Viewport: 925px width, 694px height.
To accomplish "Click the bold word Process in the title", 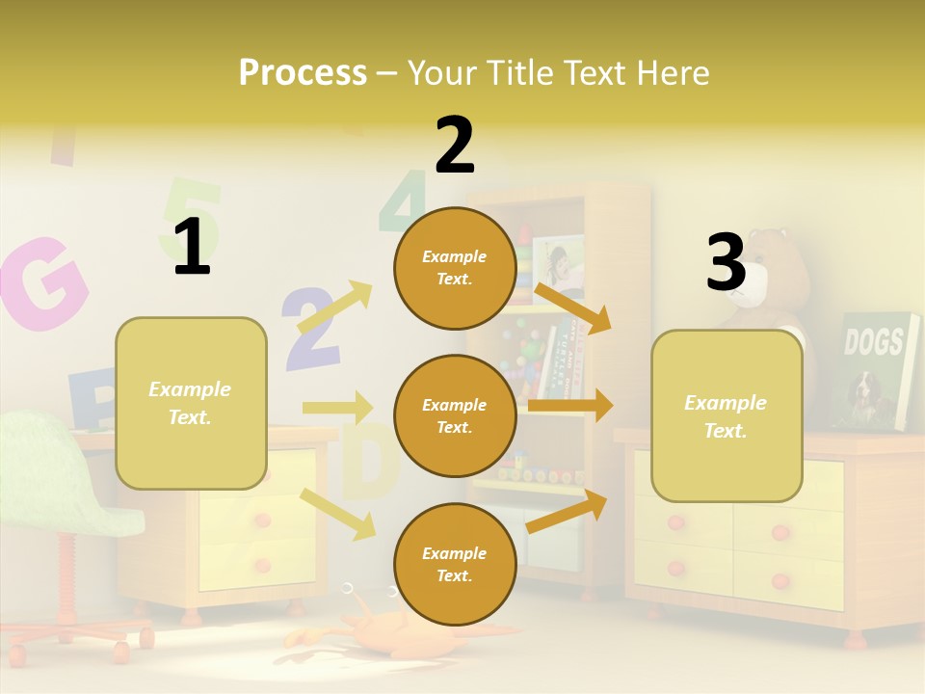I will click(303, 72).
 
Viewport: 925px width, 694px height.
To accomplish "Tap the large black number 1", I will click(192, 247).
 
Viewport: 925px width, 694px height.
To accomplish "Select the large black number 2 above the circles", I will click(454, 146).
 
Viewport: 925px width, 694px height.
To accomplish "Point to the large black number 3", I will click(726, 262).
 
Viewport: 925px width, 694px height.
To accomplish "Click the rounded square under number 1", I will click(191, 403).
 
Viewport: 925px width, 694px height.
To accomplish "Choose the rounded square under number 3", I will click(727, 415).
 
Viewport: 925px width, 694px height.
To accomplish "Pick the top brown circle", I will click(455, 268).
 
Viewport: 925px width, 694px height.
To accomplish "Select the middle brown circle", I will click(455, 415).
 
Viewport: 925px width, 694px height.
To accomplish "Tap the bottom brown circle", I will click(455, 564).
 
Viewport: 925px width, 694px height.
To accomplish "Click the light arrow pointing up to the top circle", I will click(335, 307).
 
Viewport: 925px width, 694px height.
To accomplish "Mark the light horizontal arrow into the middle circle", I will click(337, 407).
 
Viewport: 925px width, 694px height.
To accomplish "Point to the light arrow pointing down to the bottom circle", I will click(337, 513).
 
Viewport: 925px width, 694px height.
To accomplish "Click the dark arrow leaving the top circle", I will click(572, 307).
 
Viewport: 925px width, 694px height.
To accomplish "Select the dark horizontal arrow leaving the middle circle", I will click(570, 406).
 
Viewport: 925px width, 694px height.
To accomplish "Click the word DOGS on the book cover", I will click(874, 340).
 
